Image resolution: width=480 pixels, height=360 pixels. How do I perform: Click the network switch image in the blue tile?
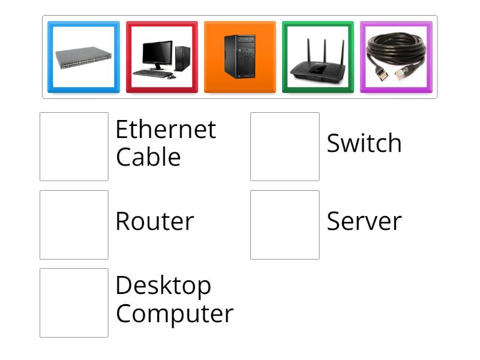83,58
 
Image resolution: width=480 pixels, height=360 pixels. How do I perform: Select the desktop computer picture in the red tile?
161,58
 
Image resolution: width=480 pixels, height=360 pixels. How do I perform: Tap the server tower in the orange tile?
239,58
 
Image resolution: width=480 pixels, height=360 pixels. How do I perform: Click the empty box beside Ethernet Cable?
74,146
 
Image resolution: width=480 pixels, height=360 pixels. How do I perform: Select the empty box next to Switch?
284,146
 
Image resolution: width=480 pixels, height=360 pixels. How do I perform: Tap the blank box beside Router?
74,224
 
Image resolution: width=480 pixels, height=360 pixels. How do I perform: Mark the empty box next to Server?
284,224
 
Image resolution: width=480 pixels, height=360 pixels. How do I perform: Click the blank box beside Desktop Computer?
74,302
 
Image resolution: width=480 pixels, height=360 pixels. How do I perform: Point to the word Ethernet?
165,130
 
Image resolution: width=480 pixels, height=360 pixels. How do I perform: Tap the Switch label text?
364,143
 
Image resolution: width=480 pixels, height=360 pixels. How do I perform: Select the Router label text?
154,221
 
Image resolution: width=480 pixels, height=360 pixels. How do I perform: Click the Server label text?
364,221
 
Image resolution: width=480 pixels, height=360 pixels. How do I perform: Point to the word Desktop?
163,286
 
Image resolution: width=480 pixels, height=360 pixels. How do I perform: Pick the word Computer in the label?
174,313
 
